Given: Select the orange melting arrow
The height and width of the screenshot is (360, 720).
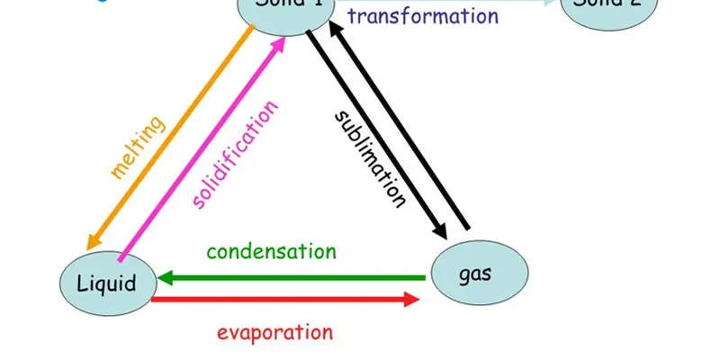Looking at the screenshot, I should point(171,135).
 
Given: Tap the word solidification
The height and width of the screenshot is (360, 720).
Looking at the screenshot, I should point(236,155).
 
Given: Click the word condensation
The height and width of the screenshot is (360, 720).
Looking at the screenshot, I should point(271,251).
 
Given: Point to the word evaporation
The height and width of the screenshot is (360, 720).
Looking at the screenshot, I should point(274,331).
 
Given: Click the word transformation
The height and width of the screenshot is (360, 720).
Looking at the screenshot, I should point(422,15).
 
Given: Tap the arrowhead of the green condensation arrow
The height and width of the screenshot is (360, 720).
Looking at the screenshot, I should point(167,278).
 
